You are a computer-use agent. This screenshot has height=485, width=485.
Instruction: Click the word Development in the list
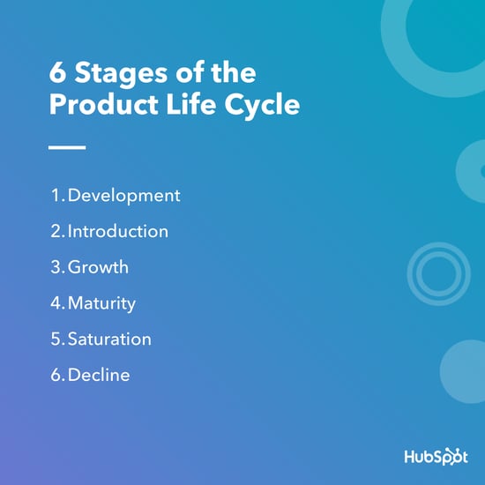pos(123,195)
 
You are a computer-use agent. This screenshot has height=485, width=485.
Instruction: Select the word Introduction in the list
pos(117,231)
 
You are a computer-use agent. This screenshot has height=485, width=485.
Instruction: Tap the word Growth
pos(98,267)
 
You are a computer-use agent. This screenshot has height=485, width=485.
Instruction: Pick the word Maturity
pos(101,303)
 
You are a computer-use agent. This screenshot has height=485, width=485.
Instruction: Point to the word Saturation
pos(109,339)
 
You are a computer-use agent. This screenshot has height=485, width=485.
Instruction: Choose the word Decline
pos(99,375)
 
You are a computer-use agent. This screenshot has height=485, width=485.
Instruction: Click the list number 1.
pos(54,195)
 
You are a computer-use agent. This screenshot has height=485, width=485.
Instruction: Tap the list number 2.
pos(55,231)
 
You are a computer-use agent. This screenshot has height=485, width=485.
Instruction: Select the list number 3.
pos(55,267)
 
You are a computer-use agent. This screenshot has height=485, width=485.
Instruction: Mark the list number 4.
pos(55,303)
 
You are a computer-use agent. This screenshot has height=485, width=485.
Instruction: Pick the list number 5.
pos(55,339)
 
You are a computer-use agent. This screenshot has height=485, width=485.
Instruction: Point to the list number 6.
pos(55,375)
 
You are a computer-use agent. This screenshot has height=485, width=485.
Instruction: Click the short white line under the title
pos(66,147)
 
